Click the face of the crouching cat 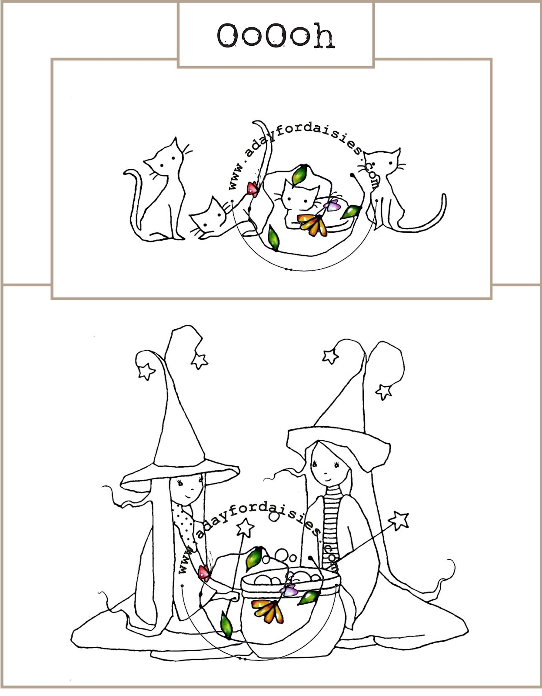coord(209,218)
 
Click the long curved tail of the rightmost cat coord(419,218)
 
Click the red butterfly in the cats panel coord(253,189)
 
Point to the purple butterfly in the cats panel coord(332,205)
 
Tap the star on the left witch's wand coord(246,527)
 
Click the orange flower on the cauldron coord(268,610)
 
